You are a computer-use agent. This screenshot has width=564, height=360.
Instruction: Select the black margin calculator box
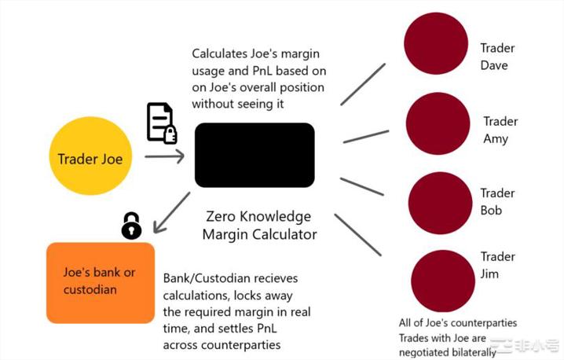(255, 155)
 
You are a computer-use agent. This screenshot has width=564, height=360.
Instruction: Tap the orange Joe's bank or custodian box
(101, 282)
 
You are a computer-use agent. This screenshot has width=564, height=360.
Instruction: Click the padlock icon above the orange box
(131, 226)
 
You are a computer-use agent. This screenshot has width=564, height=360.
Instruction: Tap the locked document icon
(161, 123)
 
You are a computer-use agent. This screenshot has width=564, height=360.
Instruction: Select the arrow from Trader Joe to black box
(164, 156)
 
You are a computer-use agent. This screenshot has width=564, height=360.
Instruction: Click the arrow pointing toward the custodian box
(172, 212)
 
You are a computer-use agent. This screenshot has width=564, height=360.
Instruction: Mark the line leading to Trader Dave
(363, 84)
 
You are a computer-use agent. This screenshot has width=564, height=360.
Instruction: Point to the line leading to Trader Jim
(357, 234)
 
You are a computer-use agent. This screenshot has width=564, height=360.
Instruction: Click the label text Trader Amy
(500, 130)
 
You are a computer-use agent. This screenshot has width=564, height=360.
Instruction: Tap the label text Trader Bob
(497, 201)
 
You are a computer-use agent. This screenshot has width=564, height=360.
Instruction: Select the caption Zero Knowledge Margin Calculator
(258, 225)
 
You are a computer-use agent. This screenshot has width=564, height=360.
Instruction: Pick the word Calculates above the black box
(220, 53)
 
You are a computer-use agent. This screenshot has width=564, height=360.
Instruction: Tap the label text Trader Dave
(497, 57)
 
